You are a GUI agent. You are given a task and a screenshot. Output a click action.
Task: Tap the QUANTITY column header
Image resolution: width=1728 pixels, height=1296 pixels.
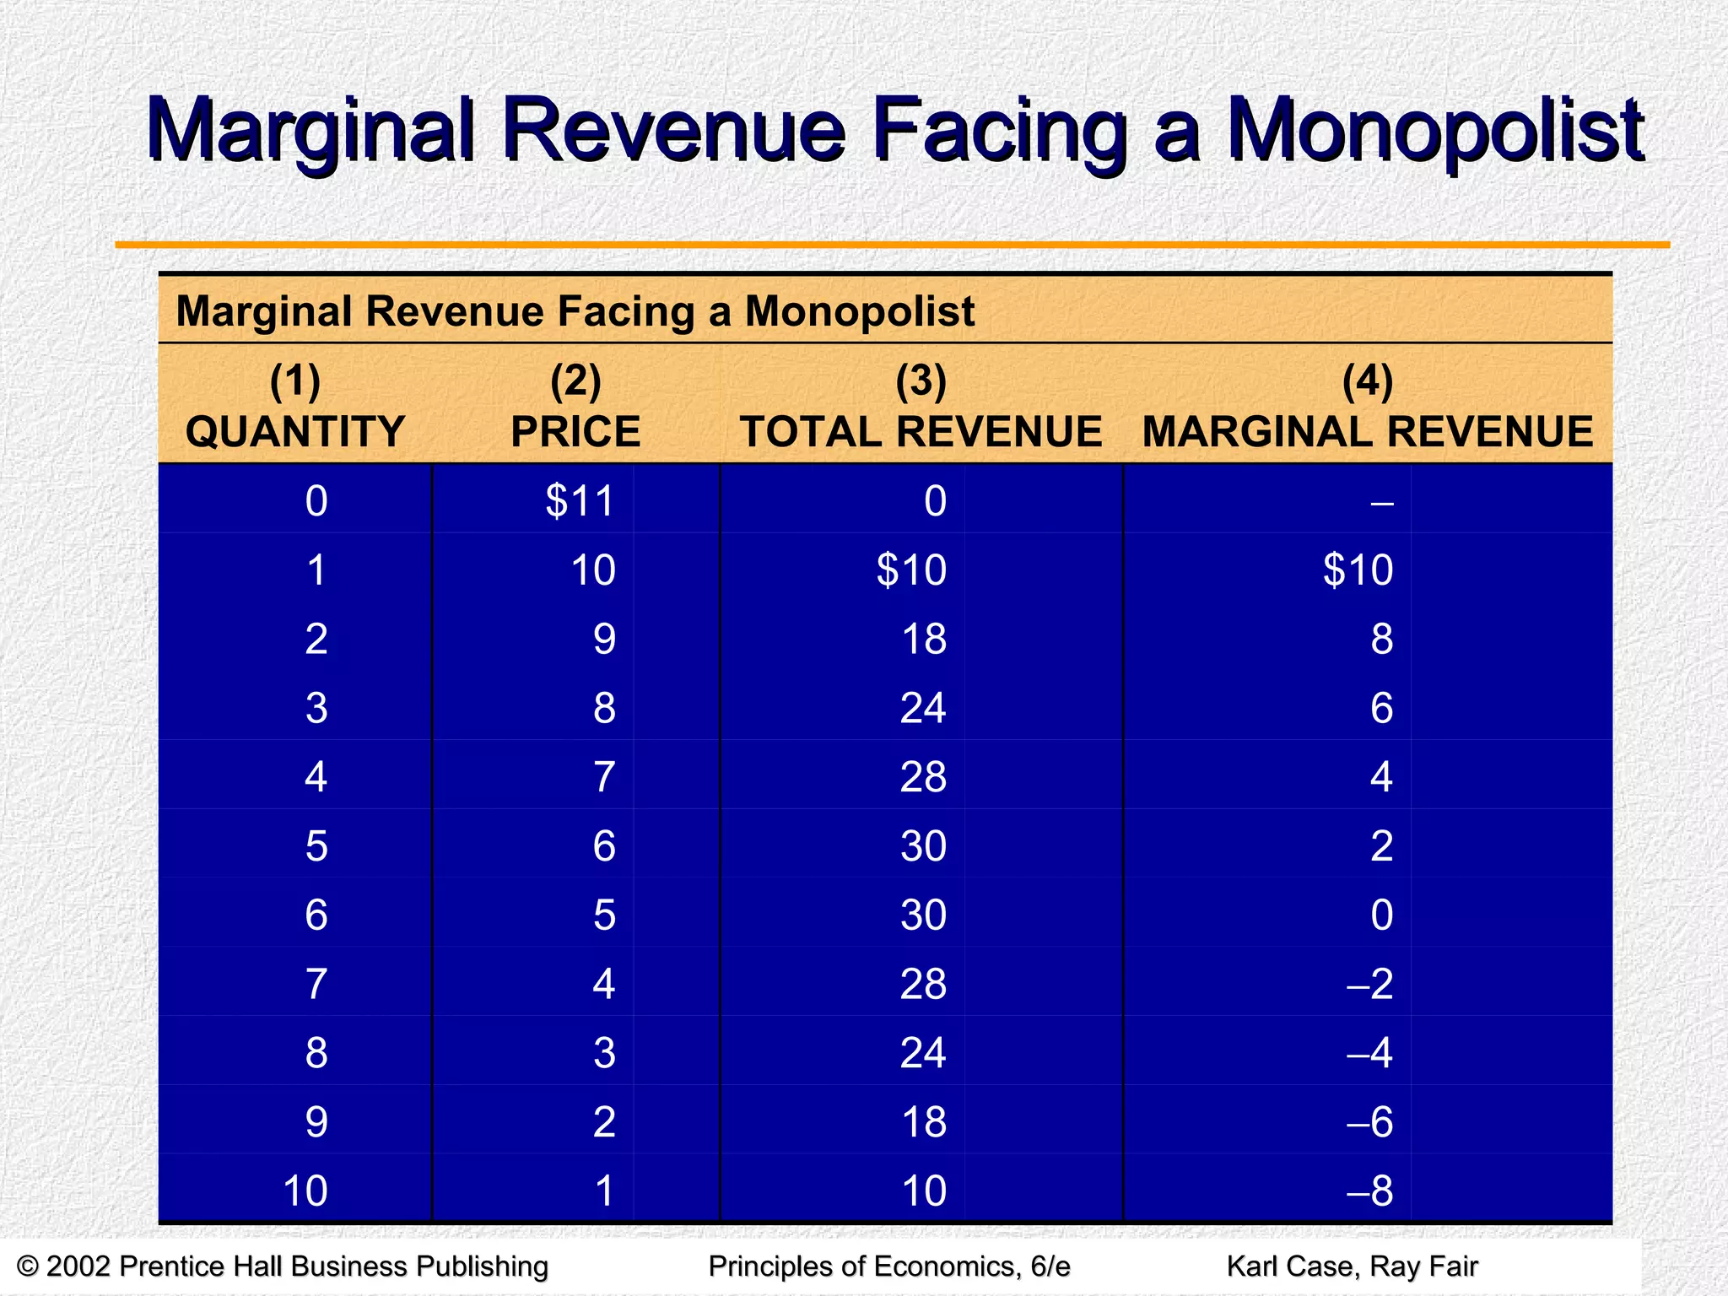tap(295, 432)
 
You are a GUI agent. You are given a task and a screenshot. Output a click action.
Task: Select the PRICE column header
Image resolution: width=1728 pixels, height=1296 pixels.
tap(575, 432)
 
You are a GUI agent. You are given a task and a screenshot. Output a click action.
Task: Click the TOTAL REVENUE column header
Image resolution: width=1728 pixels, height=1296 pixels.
tap(921, 432)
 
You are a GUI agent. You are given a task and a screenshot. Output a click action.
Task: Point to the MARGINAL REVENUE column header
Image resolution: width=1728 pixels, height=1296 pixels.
tap(1367, 432)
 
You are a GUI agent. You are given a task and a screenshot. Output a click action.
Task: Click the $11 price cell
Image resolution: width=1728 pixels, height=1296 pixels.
tap(580, 501)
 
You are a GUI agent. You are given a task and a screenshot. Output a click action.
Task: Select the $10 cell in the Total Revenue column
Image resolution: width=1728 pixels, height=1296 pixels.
tap(911, 570)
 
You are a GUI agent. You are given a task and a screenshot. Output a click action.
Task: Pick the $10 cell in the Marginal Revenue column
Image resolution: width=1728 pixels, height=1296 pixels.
tap(1358, 570)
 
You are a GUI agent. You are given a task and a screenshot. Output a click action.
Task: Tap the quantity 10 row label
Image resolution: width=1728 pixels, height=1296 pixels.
tap(305, 1191)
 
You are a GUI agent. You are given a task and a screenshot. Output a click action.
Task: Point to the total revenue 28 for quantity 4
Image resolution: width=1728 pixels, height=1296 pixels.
tap(923, 777)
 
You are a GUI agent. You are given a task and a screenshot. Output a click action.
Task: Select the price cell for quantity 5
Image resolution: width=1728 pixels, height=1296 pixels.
tap(604, 846)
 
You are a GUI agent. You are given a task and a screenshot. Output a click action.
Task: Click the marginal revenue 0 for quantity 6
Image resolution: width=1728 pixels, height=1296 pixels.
tap(1381, 915)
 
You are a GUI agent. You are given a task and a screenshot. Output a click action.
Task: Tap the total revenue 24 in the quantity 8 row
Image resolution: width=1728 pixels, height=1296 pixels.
tap(923, 1053)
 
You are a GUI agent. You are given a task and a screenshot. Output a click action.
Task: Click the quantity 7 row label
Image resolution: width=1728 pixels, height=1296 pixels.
tap(316, 984)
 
